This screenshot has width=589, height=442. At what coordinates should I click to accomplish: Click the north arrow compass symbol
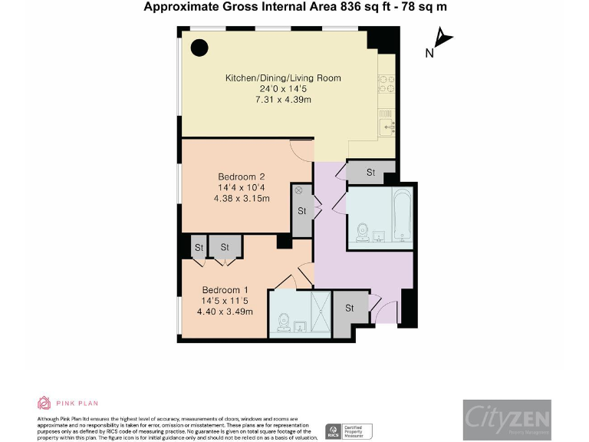coord(443,38)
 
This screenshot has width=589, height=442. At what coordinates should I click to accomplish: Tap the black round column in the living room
coord(199,48)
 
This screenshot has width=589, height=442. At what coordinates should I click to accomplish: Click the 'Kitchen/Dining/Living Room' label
coord(282,78)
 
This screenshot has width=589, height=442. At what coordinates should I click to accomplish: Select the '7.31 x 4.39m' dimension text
coord(282,101)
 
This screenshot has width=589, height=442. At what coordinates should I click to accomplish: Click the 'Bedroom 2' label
coord(237,177)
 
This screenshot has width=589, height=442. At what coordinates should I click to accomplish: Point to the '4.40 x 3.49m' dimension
coord(225,312)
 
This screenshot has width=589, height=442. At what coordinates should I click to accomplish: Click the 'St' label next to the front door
coord(350,308)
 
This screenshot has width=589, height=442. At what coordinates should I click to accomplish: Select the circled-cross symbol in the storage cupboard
coord(298,190)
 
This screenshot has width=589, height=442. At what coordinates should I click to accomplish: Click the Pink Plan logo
coord(68,403)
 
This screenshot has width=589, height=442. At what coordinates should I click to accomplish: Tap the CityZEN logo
coord(506,419)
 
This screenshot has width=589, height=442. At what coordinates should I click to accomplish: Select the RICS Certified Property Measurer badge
coord(350,431)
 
